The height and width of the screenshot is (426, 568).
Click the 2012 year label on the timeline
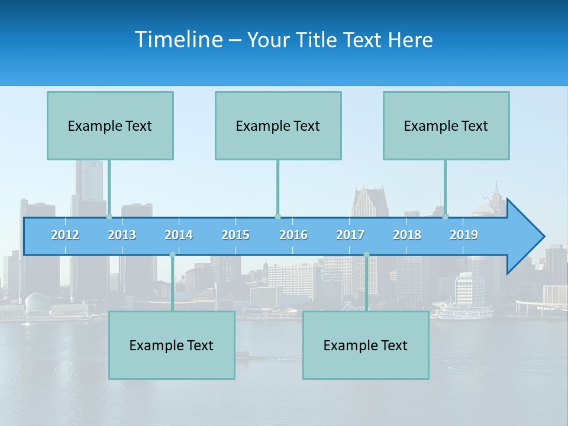(65, 235)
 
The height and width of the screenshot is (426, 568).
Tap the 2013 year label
(122, 235)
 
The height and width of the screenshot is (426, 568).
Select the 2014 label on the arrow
(179, 235)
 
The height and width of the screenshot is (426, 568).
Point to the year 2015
(235, 235)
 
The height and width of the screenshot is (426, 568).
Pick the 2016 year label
(293, 235)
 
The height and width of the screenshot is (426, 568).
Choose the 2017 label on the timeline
(350, 235)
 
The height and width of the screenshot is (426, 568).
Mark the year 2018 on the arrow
(407, 235)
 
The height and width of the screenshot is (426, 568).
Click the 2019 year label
(464, 235)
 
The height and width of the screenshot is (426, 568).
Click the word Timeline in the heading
(179, 39)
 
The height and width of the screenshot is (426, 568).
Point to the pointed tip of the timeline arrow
(543, 237)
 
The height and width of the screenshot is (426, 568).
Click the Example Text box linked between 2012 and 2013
(110, 125)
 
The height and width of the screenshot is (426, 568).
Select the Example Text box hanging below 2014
(172, 345)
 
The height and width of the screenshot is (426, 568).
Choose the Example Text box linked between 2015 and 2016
(278, 125)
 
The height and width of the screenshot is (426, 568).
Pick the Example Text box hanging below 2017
(366, 345)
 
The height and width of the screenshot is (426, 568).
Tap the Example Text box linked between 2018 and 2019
(446, 125)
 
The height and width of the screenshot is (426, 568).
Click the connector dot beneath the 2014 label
(172, 254)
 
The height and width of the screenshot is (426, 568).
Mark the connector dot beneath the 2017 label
(366, 254)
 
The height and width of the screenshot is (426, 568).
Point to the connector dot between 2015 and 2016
(277, 217)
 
